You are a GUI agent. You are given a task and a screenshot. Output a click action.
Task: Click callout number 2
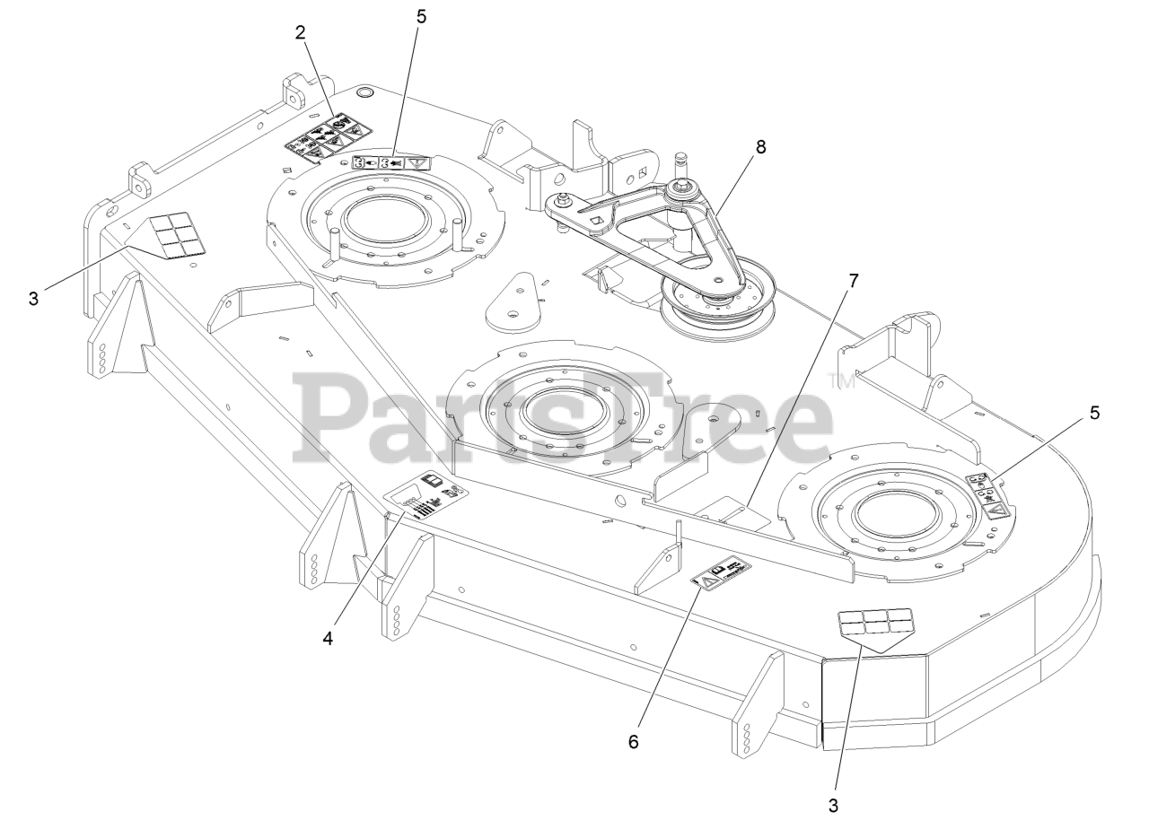tap(300, 32)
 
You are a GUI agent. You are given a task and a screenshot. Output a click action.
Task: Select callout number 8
tap(760, 147)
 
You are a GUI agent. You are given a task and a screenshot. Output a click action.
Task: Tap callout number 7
tap(853, 281)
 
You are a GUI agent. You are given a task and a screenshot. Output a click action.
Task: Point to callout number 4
tap(328, 638)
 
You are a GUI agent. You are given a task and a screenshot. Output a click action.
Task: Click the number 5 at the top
tap(421, 15)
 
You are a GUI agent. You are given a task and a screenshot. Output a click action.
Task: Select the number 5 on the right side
tap(1094, 413)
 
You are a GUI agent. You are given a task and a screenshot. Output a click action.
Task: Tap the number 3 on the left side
tap(33, 298)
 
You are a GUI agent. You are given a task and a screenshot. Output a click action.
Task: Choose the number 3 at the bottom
tap(833, 805)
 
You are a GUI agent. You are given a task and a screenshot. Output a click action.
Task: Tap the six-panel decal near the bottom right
tap(876, 626)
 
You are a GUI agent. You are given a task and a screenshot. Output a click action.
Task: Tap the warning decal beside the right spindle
tap(988, 494)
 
